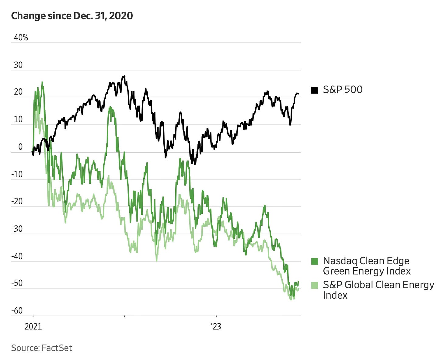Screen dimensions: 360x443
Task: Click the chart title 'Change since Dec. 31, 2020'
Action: click(72, 16)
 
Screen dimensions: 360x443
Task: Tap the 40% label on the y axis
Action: click(21, 38)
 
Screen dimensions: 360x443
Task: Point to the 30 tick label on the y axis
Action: click(18, 65)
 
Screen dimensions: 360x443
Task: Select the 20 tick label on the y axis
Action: click(18, 92)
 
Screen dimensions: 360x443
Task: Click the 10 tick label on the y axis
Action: click(18, 119)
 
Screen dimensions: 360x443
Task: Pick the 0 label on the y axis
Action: click(20, 147)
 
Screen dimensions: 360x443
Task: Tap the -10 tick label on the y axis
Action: click(17, 174)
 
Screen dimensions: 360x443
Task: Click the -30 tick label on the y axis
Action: click(17, 229)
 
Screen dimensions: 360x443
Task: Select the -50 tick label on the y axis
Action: click(17, 283)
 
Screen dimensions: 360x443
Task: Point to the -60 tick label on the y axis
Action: click(17, 311)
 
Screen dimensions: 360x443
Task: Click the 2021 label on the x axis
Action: click(33, 327)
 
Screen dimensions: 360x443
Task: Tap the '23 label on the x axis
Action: click(216, 327)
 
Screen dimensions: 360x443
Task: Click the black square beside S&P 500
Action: click(315, 90)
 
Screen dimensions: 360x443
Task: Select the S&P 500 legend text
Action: click(343, 90)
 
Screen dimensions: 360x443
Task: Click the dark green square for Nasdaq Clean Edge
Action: click(315, 261)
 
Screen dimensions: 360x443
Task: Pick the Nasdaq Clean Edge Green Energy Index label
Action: click(367, 266)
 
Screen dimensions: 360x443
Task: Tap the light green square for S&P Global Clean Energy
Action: click(315, 285)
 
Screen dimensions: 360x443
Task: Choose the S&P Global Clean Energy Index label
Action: click(378, 290)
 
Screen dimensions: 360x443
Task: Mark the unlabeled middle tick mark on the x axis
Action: click(124, 317)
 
